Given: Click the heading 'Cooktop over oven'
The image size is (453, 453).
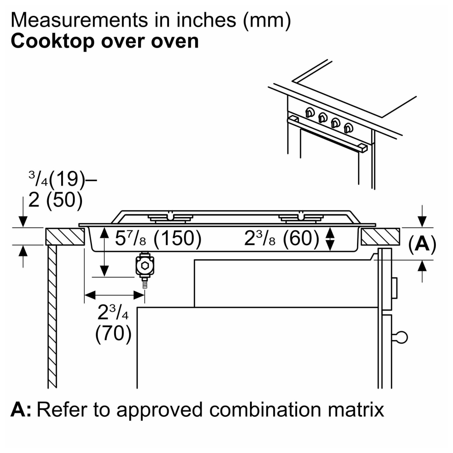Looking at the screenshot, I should pyautogui.click(x=105, y=41).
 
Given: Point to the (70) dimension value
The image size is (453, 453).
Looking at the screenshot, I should pyautogui.click(x=113, y=334).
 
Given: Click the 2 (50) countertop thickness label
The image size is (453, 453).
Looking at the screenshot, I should pyautogui.click(x=55, y=200).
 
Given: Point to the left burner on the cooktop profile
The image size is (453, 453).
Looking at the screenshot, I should pyautogui.click(x=170, y=218).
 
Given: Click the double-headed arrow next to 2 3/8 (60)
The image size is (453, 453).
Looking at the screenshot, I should pyautogui.click(x=330, y=239).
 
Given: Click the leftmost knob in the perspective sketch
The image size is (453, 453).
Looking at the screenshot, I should pyautogui.click(x=311, y=113).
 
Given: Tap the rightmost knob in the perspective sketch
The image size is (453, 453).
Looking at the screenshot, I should pyautogui.click(x=349, y=128).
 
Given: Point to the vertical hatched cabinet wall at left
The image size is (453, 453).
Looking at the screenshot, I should pyautogui.click(x=52, y=317).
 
